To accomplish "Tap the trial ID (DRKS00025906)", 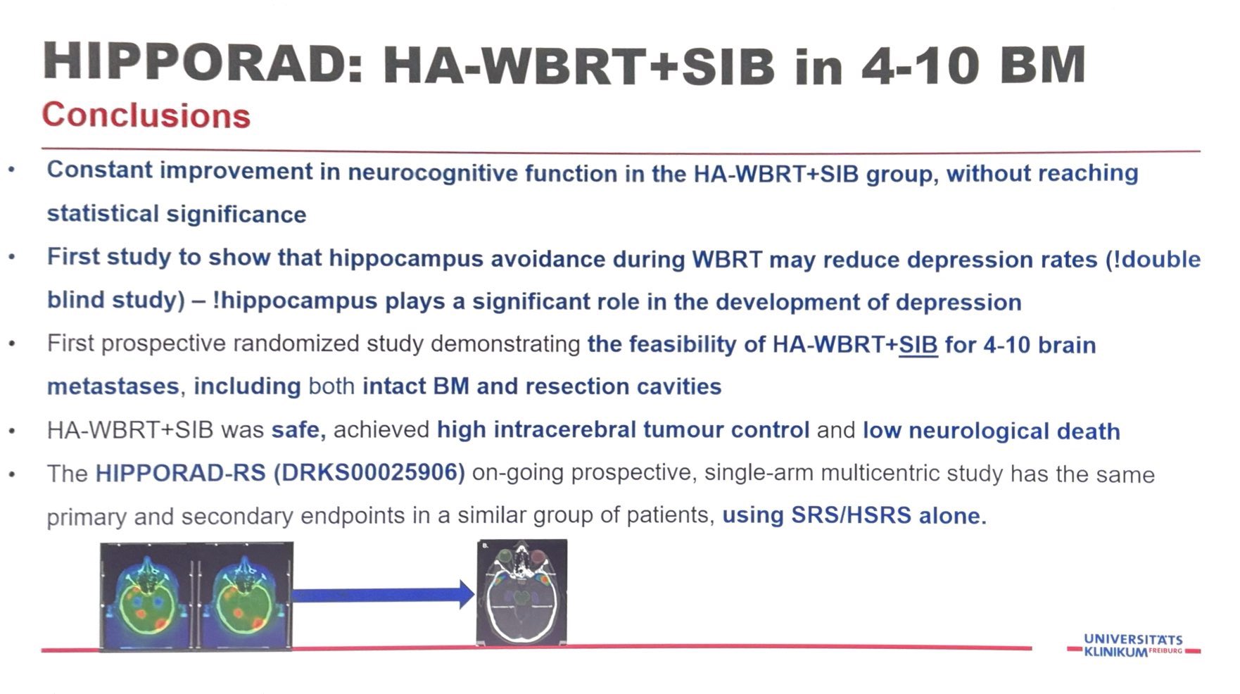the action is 369,472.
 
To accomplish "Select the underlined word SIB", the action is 918,345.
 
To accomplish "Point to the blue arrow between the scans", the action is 384,595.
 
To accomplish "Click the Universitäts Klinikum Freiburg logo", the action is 1134,645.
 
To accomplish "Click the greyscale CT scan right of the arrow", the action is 521,592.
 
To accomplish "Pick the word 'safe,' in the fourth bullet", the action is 299,429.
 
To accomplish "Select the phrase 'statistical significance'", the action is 177,214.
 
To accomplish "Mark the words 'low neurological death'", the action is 992,431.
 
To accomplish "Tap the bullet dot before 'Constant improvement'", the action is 12,171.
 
